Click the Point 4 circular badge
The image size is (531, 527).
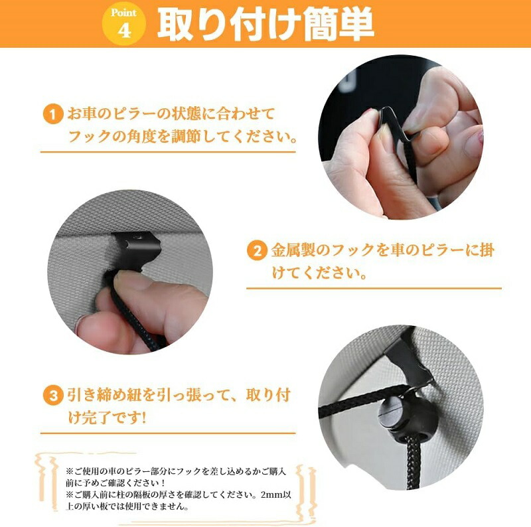[124, 24]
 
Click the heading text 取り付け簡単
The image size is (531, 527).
[266, 25]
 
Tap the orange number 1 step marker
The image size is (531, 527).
[53, 114]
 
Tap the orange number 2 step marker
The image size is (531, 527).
[257, 251]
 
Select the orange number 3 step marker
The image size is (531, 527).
[53, 396]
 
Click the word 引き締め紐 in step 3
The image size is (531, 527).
[104, 396]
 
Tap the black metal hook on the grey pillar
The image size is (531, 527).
[138, 250]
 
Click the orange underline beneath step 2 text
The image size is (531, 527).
[374, 288]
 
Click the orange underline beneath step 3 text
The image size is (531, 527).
[168, 433]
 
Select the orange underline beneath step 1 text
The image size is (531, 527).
[168, 151]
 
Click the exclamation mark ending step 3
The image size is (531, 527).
[143, 417]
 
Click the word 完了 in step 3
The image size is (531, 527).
[92, 417]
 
